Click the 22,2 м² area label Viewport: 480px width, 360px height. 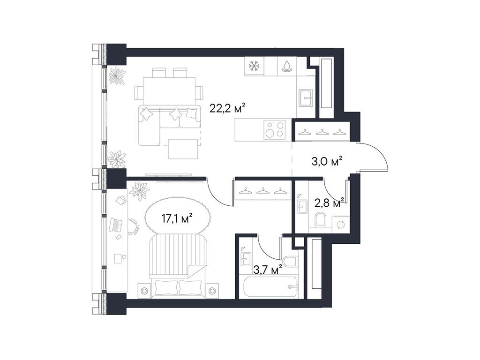coord(227,109)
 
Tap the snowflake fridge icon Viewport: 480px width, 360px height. coord(254,66)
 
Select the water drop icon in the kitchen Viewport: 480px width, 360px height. coord(286,67)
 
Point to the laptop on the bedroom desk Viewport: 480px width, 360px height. coord(115,225)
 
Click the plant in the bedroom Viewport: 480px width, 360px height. coord(139,191)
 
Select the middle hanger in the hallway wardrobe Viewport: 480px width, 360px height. coord(322,133)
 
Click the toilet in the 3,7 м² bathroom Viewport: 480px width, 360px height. coord(289,263)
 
